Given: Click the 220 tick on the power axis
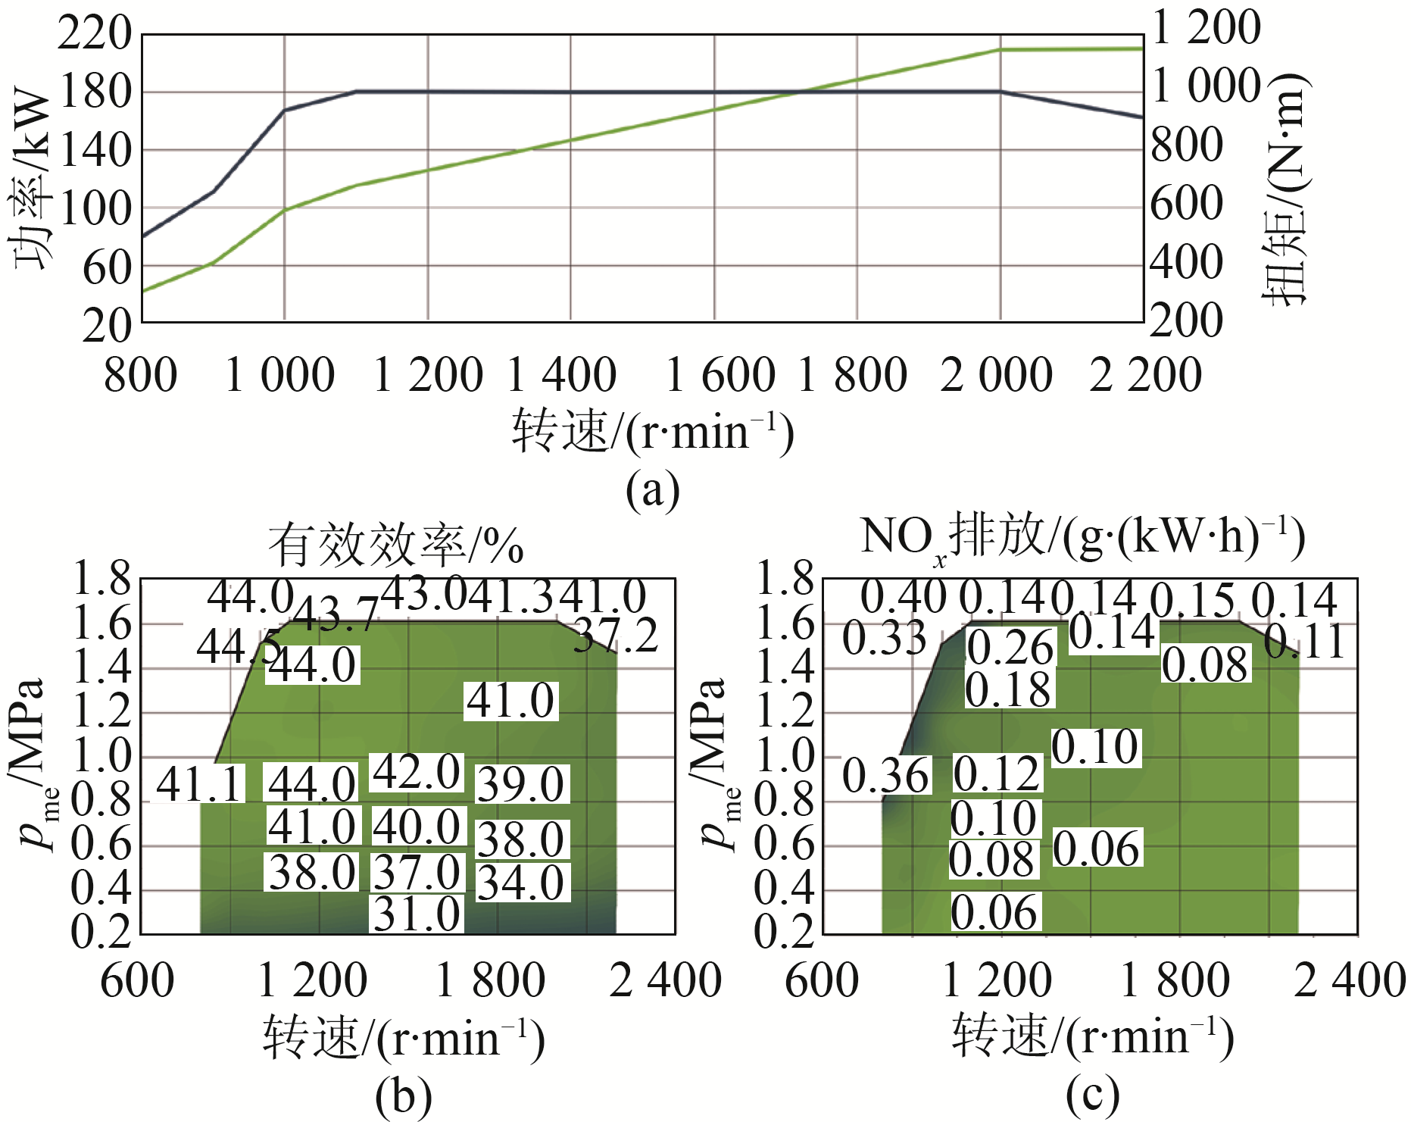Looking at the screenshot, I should [95, 34].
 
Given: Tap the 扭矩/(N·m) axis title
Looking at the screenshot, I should [1284, 189].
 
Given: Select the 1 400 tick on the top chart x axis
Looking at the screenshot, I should [562, 375].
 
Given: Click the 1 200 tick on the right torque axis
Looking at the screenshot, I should [1206, 28].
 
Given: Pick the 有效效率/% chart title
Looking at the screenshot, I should [395, 545].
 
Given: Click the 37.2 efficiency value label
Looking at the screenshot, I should [616, 636].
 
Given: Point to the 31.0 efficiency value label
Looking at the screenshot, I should [417, 914].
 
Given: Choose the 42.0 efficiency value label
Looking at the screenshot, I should [417, 772].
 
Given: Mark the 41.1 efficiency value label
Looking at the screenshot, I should [200, 784].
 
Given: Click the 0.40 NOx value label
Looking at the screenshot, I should [904, 597].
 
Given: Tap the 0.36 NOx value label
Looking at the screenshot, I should [885, 777].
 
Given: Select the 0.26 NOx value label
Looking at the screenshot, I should [1010, 649].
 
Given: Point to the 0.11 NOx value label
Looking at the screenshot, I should [1304, 642].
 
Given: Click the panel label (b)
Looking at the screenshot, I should [404, 1097].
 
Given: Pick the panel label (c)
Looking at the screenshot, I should [1092, 1095].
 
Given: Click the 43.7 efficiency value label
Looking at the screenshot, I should [336, 614].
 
